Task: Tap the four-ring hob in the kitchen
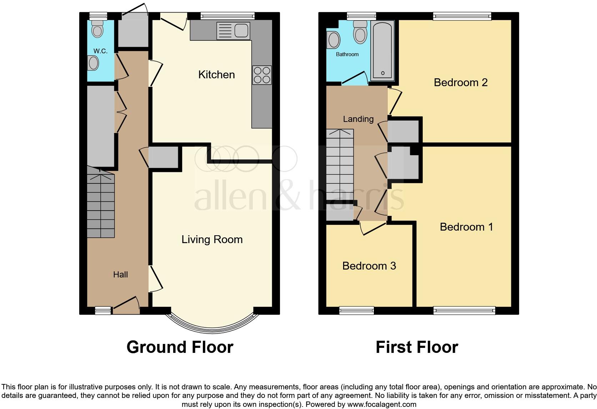[262, 75]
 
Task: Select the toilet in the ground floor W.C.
[97, 29]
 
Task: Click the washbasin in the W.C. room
[93, 64]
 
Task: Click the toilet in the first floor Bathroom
[360, 33]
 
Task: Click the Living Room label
[212, 240]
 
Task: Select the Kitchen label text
[216, 75]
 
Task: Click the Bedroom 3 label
[369, 266]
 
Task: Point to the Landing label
[358, 119]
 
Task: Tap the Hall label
[120, 275]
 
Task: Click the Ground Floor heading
[180, 347]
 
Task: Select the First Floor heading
[416, 347]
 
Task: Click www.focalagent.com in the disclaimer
[382, 404]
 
